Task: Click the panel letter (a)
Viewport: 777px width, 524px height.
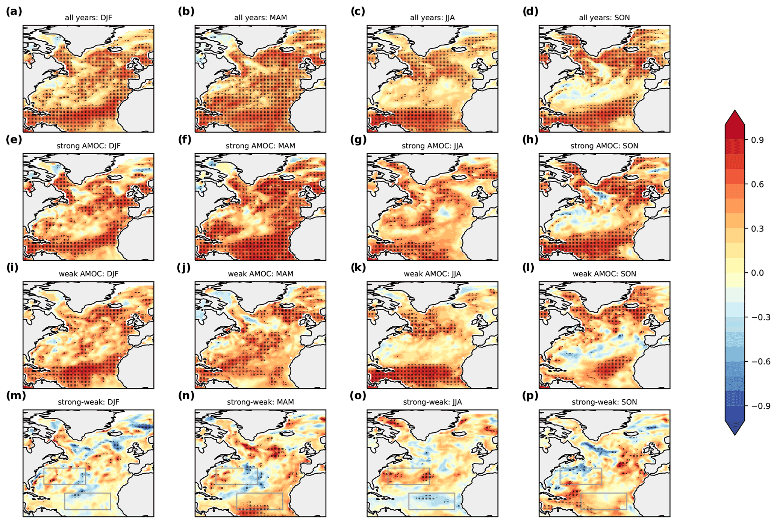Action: tap(14, 11)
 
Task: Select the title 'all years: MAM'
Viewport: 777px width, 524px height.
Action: tap(260, 18)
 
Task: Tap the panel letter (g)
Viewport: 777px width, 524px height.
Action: tap(358, 139)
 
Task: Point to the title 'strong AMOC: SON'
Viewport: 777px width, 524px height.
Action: tap(604, 146)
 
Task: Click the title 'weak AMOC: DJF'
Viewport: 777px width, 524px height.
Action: tap(88, 274)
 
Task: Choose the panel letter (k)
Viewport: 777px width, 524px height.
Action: tap(358, 267)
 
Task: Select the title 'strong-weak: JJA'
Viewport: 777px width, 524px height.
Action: tap(432, 402)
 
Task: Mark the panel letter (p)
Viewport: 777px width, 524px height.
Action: tap(530, 396)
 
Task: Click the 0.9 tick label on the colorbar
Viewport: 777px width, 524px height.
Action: tap(757, 140)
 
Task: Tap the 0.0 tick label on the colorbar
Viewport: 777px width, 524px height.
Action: tap(757, 273)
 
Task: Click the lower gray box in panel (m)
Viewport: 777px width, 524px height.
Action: tap(88, 501)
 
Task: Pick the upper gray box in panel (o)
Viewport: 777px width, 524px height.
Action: tap(409, 476)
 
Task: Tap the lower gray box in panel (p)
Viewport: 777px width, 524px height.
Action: tap(604, 501)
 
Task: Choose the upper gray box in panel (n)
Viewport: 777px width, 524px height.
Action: tap(237, 476)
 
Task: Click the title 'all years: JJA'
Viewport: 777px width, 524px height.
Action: tap(432, 18)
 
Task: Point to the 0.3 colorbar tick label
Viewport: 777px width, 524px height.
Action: tap(757, 229)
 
